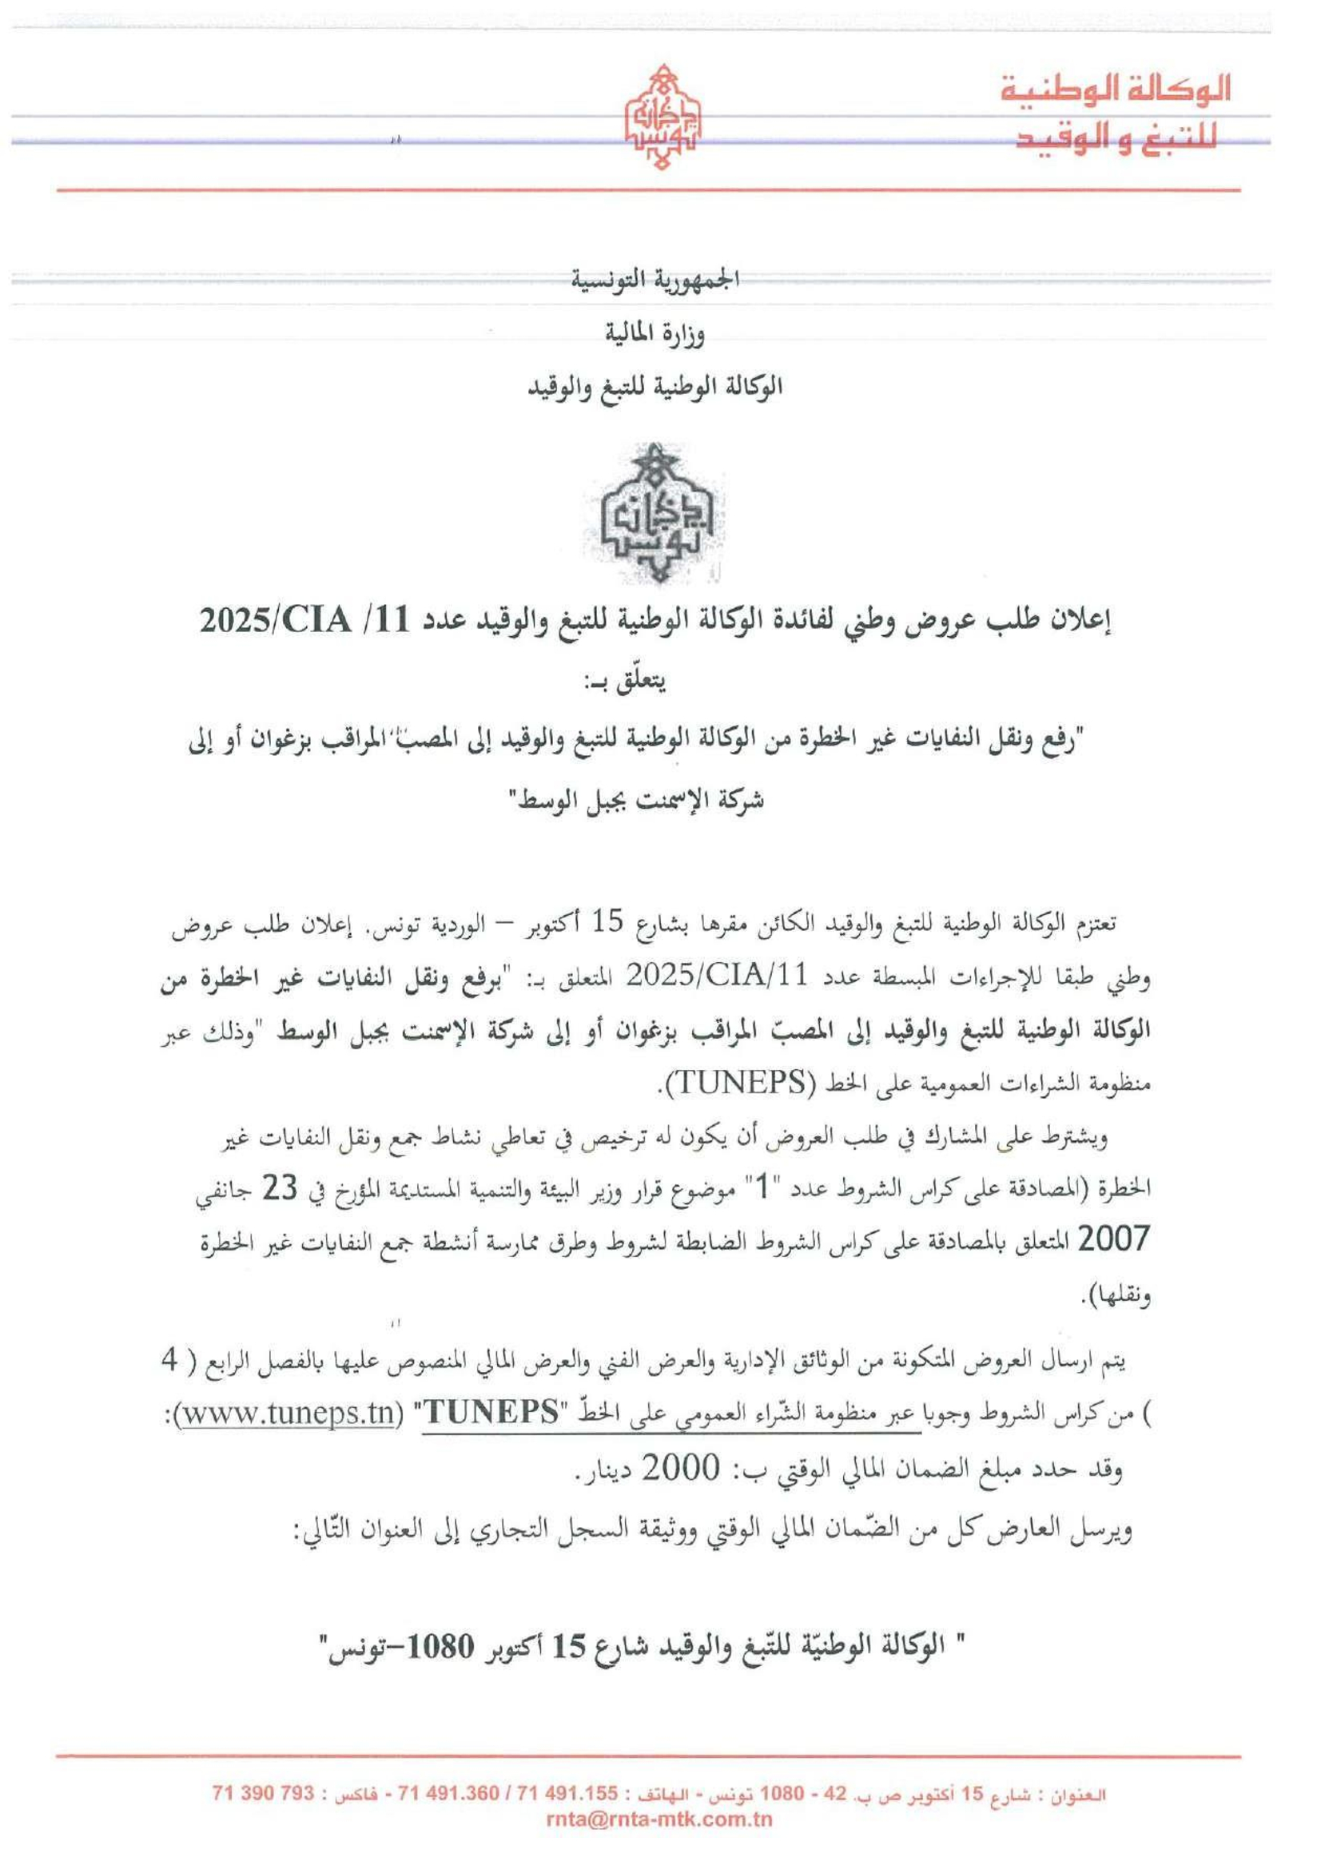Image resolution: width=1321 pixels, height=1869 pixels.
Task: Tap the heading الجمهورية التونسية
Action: pyautogui.click(x=660, y=281)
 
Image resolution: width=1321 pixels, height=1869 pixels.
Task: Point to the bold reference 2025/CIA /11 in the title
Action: pyautogui.click(x=277, y=622)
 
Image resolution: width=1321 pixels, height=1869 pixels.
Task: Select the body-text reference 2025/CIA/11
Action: pyautogui.click(x=715, y=974)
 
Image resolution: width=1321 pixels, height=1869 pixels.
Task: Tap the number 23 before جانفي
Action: pyautogui.click(x=279, y=1189)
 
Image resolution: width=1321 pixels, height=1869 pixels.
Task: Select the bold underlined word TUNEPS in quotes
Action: pyautogui.click(x=492, y=1411)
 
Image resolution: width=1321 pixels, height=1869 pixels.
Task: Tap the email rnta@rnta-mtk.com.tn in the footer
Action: pyautogui.click(x=660, y=1820)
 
